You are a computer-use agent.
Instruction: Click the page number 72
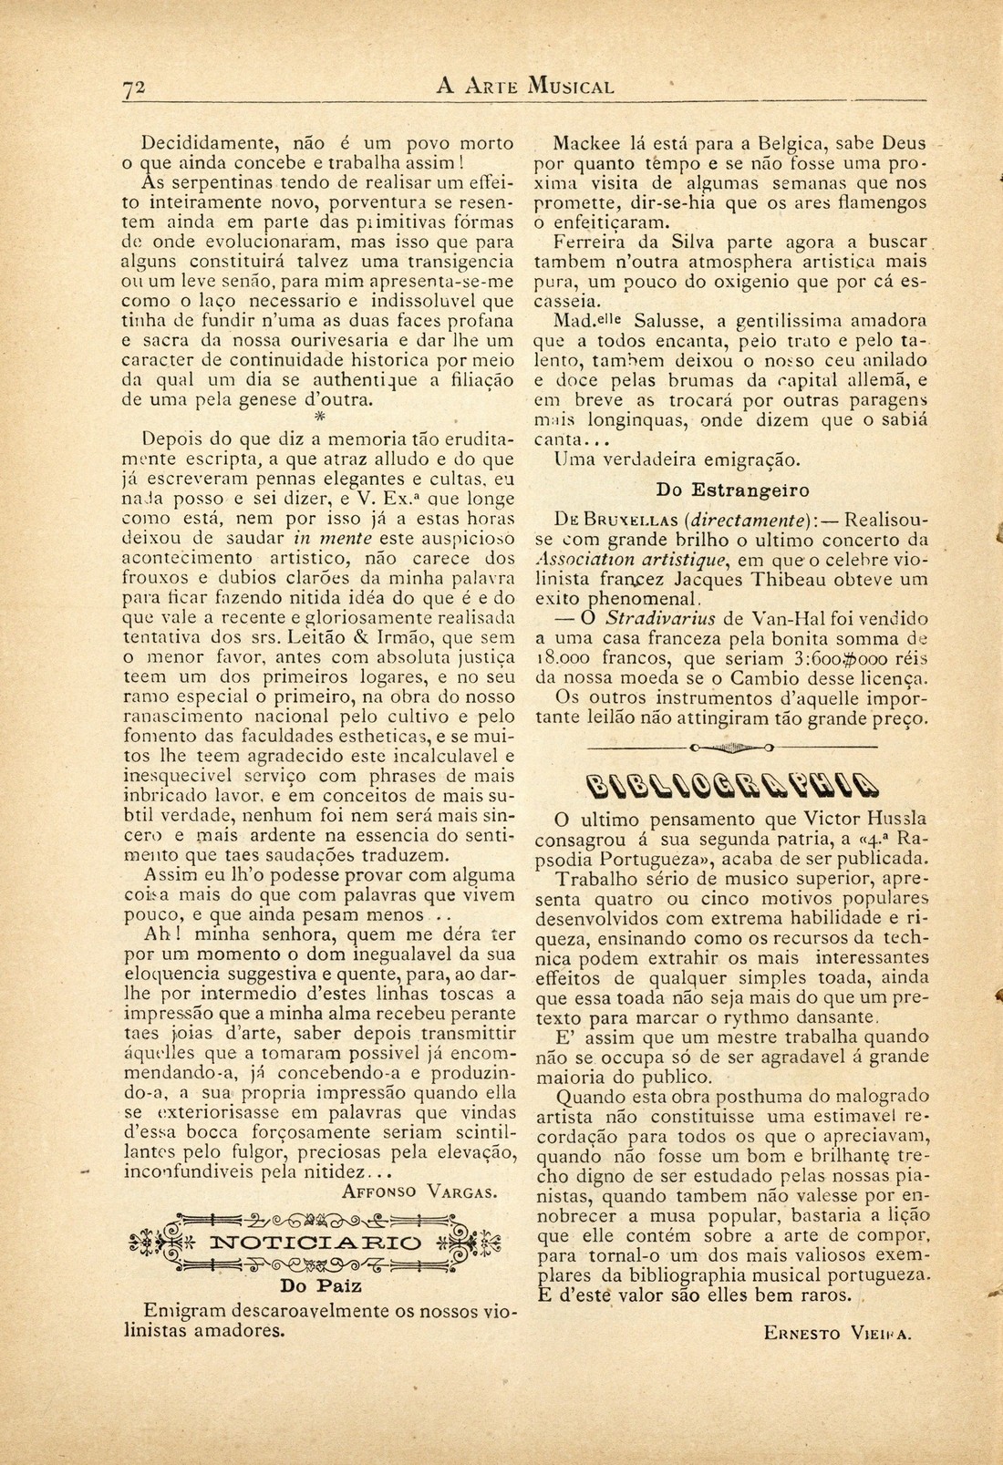click(135, 88)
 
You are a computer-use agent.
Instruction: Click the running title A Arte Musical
click(525, 88)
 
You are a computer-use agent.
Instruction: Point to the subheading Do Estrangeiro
click(732, 490)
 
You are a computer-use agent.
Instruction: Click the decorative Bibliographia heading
click(732, 783)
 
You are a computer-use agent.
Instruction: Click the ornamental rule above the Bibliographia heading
click(731, 746)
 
